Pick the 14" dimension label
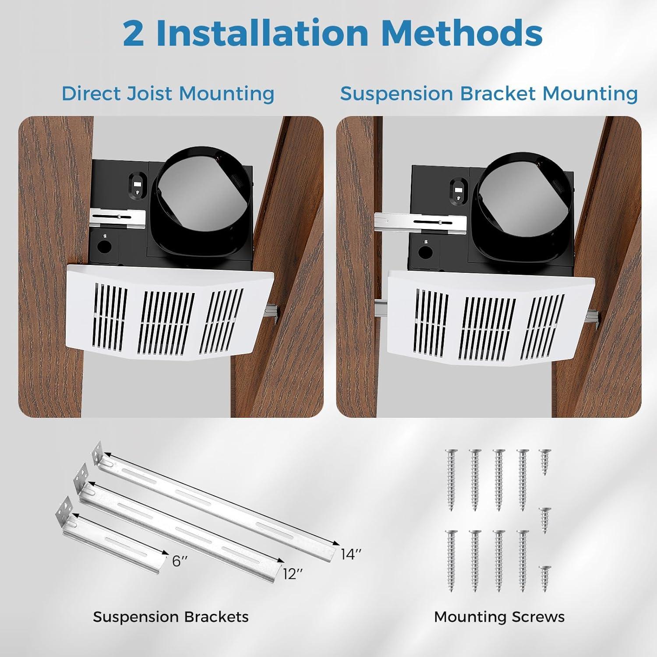tap(351, 554)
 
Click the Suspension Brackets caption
tap(170, 617)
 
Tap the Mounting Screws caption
tap(499, 617)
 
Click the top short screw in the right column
tap(545, 461)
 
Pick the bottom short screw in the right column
tap(545, 578)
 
